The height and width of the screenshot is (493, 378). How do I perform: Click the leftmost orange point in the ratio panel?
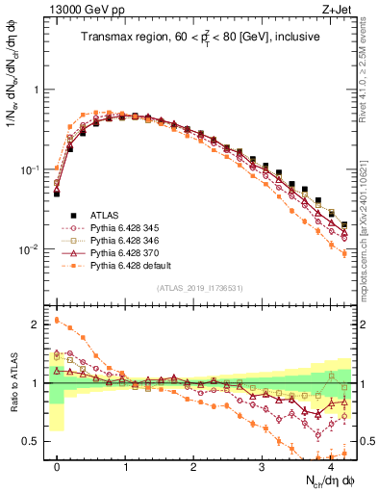coord(57,320)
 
